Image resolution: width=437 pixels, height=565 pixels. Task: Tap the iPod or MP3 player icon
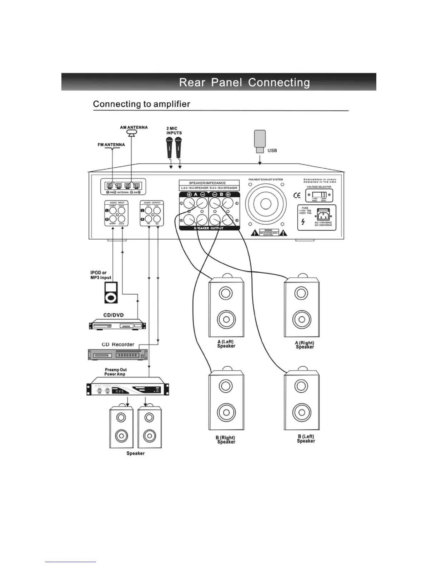coord(111,292)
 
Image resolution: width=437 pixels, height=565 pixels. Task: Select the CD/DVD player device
coord(117,325)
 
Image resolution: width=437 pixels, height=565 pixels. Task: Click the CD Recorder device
coord(117,355)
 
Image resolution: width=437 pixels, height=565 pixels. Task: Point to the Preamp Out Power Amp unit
coord(128,387)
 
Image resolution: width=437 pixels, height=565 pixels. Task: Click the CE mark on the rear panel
coord(297,195)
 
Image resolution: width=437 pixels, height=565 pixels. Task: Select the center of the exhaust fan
coord(266,204)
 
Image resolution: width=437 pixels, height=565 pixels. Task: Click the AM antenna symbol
coord(132,133)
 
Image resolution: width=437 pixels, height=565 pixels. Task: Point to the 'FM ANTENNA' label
coord(111,145)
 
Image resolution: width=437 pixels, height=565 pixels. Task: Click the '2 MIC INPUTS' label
coord(174,131)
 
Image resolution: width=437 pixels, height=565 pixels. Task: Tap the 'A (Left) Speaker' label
coord(226,344)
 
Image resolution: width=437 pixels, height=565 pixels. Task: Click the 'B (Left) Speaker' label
coord(306,439)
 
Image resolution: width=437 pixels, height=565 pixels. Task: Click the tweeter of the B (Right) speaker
coord(226,386)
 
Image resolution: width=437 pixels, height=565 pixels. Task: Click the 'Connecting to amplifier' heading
coord(141,104)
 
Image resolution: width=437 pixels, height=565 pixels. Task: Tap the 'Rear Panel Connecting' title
coord(244,82)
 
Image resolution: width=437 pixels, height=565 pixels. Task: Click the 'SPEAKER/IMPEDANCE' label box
coord(207,183)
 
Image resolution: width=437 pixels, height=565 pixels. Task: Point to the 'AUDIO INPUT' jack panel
coord(116,213)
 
